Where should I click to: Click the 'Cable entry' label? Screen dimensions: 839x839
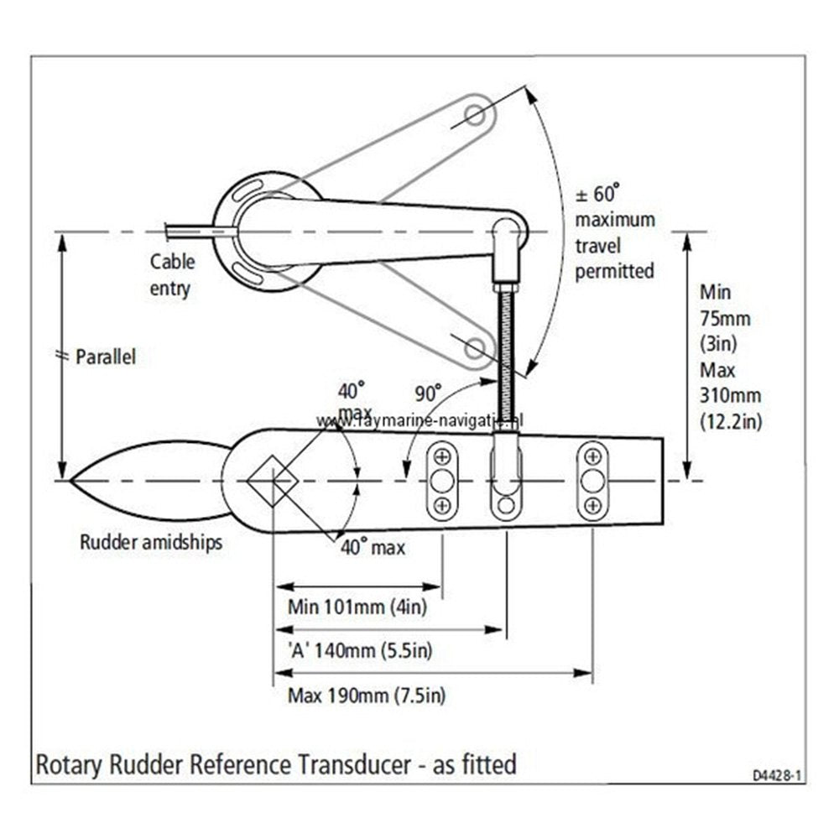click(x=172, y=274)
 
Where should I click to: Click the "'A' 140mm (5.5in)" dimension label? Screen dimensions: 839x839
click(x=359, y=650)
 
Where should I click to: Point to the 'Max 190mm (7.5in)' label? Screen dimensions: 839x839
click(x=366, y=695)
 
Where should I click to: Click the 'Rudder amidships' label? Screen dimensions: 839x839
click(x=151, y=542)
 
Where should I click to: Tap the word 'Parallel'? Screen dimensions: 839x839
click(x=106, y=357)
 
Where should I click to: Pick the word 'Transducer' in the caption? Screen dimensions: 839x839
click(x=352, y=764)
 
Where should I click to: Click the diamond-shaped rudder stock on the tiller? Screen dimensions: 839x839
click(x=273, y=481)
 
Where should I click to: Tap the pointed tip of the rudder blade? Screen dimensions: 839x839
click(x=73, y=481)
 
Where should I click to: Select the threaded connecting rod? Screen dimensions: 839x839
click(x=506, y=352)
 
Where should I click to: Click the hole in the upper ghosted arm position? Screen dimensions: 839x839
click(x=474, y=114)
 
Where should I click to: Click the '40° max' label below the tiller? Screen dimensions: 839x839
click(x=372, y=548)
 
